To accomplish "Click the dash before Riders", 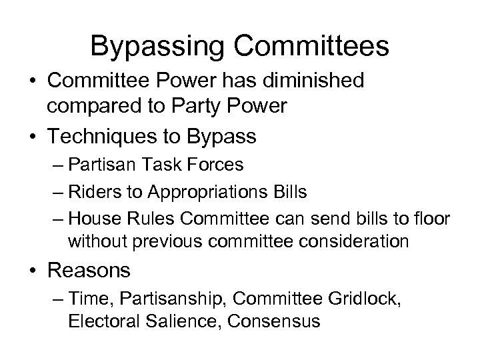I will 56,192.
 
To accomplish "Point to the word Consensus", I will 274,321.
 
